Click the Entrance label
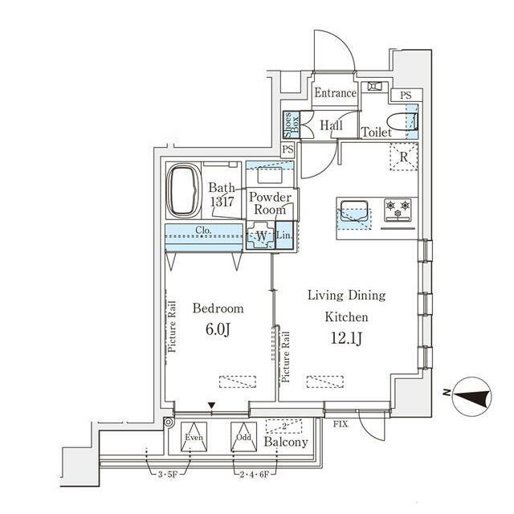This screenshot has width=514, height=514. click(335, 93)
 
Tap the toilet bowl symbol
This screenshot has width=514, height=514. click(402, 122)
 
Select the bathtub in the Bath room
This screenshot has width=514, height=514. click(184, 191)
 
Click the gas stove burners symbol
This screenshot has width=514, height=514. click(398, 209)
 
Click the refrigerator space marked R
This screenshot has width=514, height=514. click(403, 157)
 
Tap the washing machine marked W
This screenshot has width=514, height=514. click(261, 235)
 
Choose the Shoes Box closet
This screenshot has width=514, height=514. click(292, 125)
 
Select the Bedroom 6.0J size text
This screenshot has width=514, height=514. click(218, 329)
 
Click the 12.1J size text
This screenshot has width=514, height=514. click(346, 338)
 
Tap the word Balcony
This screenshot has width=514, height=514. click(286, 443)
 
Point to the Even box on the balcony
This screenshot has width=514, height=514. click(194, 437)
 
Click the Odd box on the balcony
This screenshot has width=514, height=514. click(243, 437)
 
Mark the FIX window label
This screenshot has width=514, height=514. click(341, 424)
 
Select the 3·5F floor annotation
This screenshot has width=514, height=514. click(168, 474)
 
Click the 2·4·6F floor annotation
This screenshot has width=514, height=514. click(255, 474)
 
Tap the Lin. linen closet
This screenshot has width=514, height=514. click(284, 235)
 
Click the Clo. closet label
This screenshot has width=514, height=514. click(203, 230)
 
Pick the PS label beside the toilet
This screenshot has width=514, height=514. click(406, 96)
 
